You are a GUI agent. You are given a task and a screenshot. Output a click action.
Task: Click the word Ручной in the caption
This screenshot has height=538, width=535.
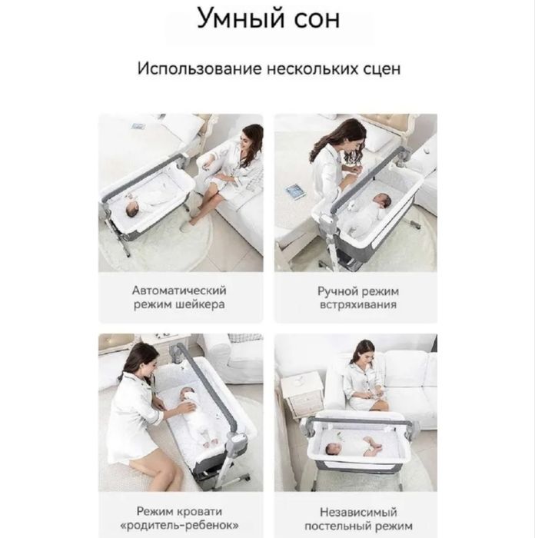(336, 291)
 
